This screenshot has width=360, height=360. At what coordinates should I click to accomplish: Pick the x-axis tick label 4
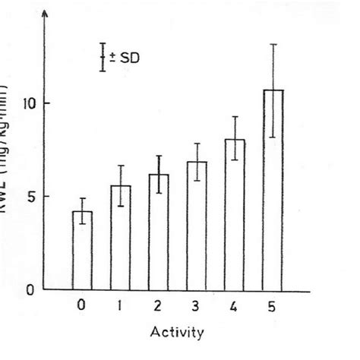[235, 306]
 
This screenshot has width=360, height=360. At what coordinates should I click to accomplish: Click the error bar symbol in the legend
[103, 57]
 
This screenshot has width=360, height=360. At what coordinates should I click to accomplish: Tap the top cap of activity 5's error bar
[273, 44]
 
